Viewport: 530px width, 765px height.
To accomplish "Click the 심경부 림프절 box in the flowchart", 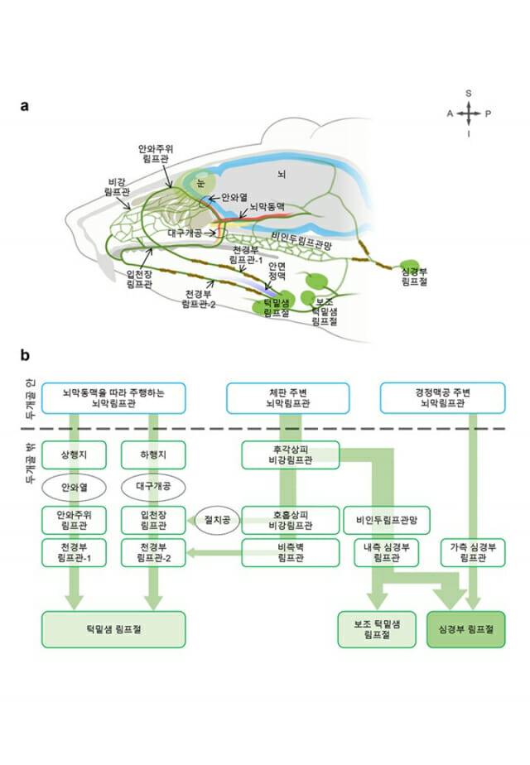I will click(x=465, y=630).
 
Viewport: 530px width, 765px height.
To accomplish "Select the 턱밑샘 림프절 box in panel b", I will click(x=113, y=630).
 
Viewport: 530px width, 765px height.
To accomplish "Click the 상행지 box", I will click(x=74, y=455).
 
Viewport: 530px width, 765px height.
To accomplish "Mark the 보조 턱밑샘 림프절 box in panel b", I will click(x=370, y=630).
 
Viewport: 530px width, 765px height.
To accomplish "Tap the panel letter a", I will click(x=26, y=105).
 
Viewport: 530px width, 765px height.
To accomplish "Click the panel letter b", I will click(x=26, y=356).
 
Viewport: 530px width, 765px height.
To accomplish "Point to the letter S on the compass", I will click(x=469, y=94).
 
